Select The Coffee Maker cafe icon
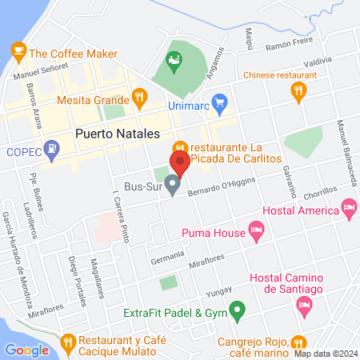pos(18,52)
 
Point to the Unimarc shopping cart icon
pos(222,102)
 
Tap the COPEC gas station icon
pos(52,147)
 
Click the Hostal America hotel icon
pos(348,208)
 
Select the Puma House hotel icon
pos(256,231)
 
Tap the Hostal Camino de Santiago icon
pos(303,304)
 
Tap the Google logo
pos(26,350)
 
